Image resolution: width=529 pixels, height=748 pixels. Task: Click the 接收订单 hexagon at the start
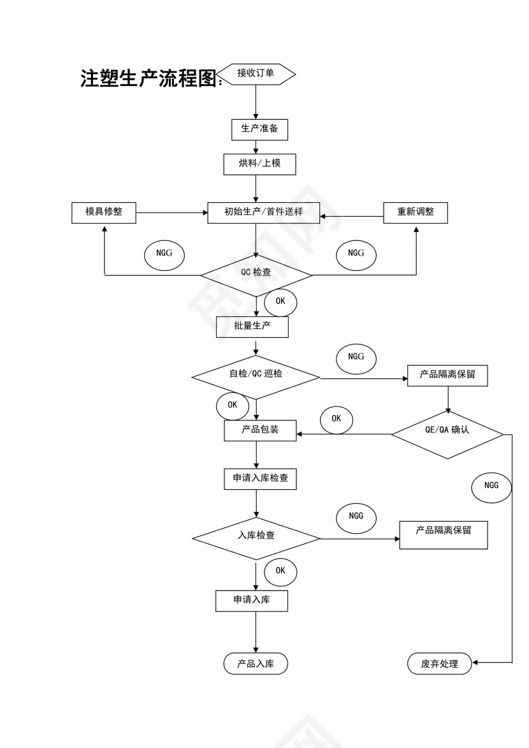pos(256,74)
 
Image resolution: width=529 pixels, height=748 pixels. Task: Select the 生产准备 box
pos(259,129)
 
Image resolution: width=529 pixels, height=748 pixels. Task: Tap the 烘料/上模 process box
pos(259,164)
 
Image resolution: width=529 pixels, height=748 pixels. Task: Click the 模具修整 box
pos(104,212)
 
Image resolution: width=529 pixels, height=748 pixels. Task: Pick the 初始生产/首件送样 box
pos(263,212)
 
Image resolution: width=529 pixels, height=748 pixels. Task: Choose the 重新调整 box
pos(416,212)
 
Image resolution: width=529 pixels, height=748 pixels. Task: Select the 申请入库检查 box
pos(260,478)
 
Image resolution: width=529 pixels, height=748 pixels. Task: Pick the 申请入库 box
pos(252,601)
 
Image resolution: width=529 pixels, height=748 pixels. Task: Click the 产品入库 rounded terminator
pos(256,664)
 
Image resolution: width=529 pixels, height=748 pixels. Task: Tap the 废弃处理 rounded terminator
pos(440,664)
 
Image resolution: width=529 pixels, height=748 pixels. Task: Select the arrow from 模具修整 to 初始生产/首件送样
pos(172,212)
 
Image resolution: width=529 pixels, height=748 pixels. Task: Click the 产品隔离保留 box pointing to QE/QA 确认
pos(447,376)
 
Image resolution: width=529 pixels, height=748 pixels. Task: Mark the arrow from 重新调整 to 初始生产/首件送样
pos(351,216)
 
